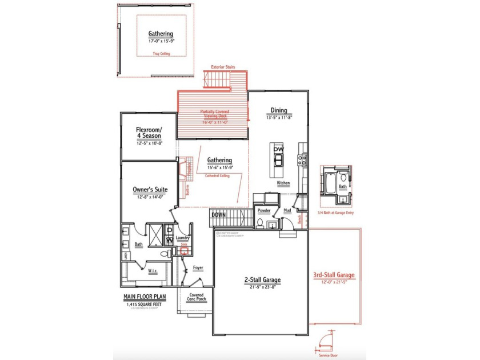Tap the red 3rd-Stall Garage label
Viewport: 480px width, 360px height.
(334, 275)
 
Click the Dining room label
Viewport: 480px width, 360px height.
(278, 110)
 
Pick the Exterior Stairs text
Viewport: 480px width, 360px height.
(223, 67)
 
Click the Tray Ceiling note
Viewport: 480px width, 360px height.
(161, 54)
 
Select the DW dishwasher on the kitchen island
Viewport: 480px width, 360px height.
(278, 149)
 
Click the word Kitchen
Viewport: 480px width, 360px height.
(283, 183)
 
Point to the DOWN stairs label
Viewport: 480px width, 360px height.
(219, 215)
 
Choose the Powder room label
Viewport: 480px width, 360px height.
(264, 210)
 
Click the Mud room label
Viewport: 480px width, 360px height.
(287, 210)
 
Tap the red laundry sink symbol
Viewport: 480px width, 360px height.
(185, 250)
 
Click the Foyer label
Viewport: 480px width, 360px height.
(198, 267)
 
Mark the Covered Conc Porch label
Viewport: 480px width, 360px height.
(197, 298)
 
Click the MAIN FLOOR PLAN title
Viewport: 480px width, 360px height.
(145, 297)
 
